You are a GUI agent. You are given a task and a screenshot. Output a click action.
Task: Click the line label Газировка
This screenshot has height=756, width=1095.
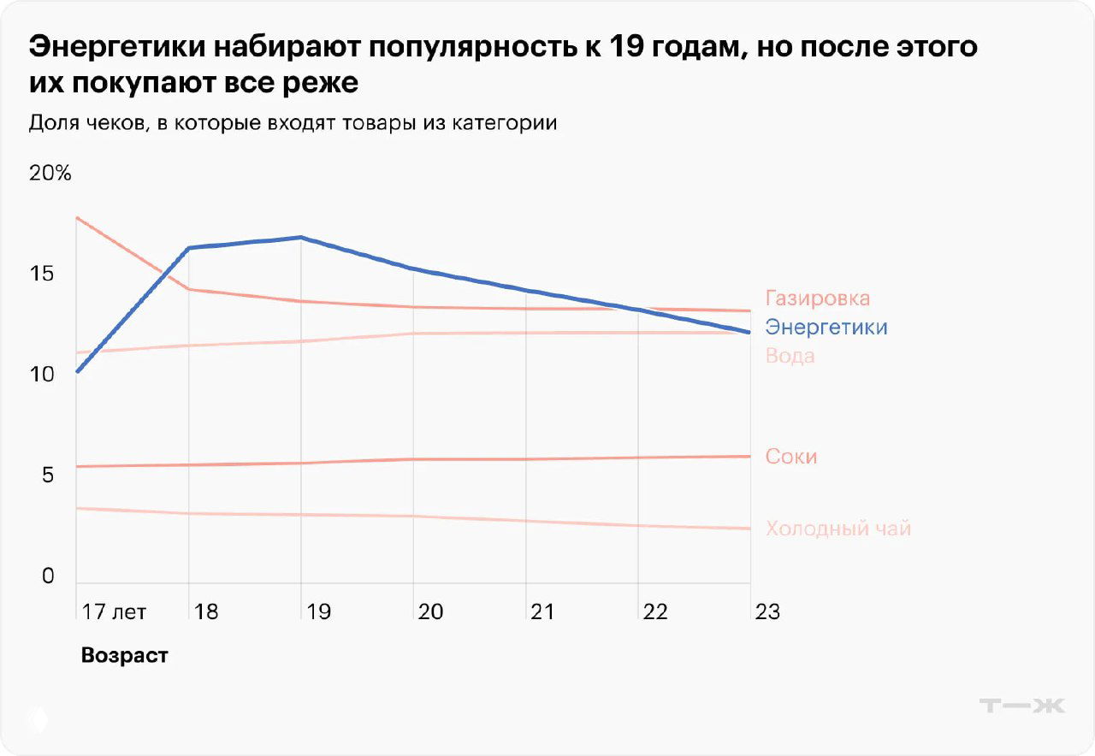[817, 298]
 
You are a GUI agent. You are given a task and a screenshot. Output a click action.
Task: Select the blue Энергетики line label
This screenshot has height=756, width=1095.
[826, 328]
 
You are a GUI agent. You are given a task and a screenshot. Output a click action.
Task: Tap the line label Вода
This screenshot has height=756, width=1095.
[790, 356]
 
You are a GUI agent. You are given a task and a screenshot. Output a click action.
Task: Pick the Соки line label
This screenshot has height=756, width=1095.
[791, 457]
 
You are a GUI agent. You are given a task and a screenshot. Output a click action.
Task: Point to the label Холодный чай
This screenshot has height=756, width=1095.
[838, 529]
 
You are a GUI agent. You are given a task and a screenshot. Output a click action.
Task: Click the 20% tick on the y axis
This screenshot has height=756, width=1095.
[50, 174]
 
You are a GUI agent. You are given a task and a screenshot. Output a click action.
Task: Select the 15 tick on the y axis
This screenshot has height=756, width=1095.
[42, 275]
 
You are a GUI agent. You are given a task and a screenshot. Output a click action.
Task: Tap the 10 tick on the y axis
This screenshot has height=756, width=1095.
[42, 375]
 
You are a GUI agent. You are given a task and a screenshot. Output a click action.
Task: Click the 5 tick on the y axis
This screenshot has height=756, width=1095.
[48, 475]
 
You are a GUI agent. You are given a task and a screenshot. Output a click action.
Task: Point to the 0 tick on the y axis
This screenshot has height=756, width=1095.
[48, 576]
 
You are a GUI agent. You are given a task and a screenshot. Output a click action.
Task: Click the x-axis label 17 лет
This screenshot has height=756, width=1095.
[114, 612]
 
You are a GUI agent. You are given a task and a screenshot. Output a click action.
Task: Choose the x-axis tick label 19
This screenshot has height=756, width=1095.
[318, 612]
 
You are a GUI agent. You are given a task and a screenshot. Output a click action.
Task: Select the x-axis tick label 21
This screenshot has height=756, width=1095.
[542, 612]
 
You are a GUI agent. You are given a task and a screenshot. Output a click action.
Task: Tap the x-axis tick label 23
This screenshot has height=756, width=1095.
[767, 612]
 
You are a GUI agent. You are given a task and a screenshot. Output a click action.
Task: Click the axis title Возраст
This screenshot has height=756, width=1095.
[125, 656]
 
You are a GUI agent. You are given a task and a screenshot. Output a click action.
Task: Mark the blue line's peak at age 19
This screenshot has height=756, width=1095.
[301, 237]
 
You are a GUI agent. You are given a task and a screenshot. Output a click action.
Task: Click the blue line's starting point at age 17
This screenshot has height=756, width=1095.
[77, 372]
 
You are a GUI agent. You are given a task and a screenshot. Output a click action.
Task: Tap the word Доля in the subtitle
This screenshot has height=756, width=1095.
[53, 123]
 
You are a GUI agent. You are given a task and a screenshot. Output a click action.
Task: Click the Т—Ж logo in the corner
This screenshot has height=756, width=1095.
[1021, 706]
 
